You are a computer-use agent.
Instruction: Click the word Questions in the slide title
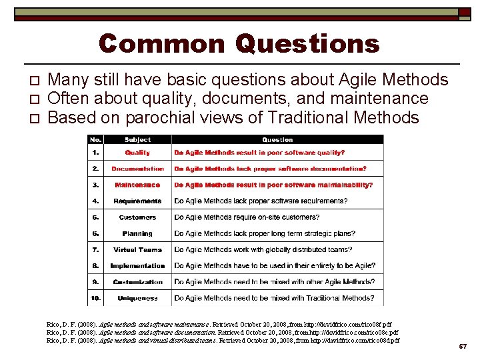[307, 45]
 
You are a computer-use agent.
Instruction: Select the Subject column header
[137, 140]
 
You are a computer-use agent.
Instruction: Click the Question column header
[277, 140]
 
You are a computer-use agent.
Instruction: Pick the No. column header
[97, 140]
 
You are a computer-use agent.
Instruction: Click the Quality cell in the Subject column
[137, 153]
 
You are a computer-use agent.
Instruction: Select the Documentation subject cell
[137, 169]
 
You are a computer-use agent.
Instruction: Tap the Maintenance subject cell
[137, 185]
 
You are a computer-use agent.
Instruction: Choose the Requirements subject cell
[137, 201]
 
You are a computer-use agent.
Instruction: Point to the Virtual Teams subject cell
[137, 249]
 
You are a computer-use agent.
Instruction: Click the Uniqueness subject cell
[137, 298]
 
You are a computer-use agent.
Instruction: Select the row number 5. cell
[97, 217]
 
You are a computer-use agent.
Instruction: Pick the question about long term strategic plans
[264, 233]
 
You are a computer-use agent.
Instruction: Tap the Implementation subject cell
[137, 265]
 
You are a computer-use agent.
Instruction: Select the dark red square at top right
[464, 13]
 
